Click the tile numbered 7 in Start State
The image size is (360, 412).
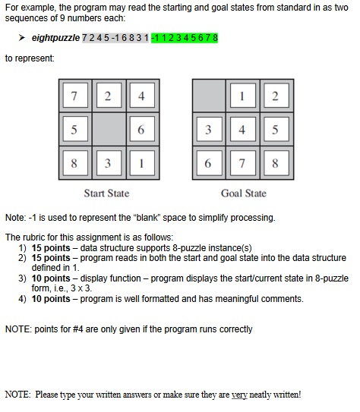coord(74,96)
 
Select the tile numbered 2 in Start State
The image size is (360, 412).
coord(107,96)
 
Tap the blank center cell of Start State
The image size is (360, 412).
coord(107,130)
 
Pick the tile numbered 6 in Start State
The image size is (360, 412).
coord(141,130)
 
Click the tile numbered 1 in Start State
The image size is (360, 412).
coord(141,162)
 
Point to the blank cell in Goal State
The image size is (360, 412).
coord(208,96)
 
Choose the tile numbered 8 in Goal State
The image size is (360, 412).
coord(275,162)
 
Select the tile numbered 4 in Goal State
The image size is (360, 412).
coord(242,130)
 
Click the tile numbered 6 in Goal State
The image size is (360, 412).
coord(208,162)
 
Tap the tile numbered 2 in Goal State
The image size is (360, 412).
coord(275,96)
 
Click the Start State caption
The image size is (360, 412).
coord(106,193)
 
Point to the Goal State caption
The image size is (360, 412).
coord(243,193)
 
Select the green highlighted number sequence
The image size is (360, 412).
coord(185,38)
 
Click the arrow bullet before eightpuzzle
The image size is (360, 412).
coord(24,38)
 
